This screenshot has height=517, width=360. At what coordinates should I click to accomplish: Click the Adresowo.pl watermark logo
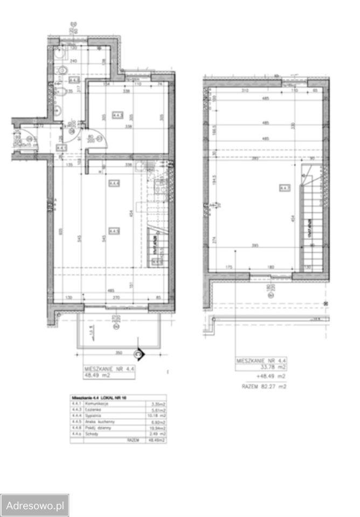click(34, 506)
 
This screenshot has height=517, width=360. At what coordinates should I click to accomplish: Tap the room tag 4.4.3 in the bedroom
click(116, 114)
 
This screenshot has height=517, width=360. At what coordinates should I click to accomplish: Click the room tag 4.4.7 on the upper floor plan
click(285, 187)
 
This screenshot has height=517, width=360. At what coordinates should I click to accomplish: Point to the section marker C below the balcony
click(139, 354)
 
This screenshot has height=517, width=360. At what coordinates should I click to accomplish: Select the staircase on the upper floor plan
click(311, 221)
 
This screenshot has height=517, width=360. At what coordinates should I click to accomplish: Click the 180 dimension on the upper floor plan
click(271, 267)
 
